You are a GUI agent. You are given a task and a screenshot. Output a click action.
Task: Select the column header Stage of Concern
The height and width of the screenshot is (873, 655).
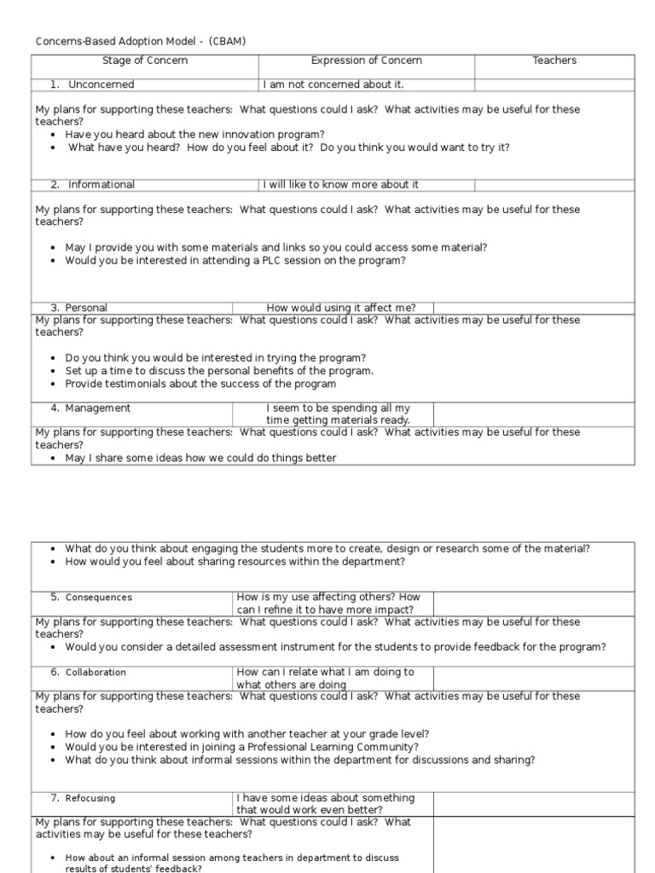pyautogui.click(x=145, y=61)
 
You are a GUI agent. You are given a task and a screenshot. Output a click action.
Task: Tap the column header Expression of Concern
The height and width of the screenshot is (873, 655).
pyautogui.click(x=366, y=61)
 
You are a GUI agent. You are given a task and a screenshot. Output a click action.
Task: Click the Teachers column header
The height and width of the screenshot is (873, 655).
pyautogui.click(x=554, y=61)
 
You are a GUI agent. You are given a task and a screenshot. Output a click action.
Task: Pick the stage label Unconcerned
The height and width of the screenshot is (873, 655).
pyautogui.click(x=101, y=84)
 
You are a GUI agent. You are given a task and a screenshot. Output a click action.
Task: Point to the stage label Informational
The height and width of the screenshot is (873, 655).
pyautogui.click(x=101, y=185)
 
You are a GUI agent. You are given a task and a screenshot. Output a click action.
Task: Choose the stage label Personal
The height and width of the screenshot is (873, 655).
pyautogui.click(x=86, y=308)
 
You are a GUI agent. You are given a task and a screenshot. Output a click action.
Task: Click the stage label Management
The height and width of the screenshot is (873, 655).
pyautogui.click(x=97, y=408)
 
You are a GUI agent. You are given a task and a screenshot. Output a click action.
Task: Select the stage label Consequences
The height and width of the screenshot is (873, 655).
pyautogui.click(x=99, y=598)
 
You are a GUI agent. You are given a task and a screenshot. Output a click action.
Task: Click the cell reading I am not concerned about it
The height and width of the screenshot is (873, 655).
pyautogui.click(x=333, y=84)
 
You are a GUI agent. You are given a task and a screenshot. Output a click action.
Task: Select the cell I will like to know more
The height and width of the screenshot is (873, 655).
pyautogui.click(x=341, y=185)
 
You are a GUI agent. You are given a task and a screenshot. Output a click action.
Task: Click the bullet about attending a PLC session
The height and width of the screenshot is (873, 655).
pyautogui.click(x=235, y=261)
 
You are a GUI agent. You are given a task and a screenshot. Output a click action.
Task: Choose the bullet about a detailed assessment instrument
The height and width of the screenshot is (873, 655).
pyautogui.click(x=335, y=647)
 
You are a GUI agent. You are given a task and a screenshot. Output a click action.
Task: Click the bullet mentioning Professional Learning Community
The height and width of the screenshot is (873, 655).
pyautogui.click(x=241, y=747)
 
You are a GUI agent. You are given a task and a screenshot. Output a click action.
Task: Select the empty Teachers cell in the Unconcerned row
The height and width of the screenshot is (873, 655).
pyautogui.click(x=554, y=84)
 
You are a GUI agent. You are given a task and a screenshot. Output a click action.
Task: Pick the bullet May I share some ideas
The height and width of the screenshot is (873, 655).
pyautogui.click(x=200, y=458)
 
